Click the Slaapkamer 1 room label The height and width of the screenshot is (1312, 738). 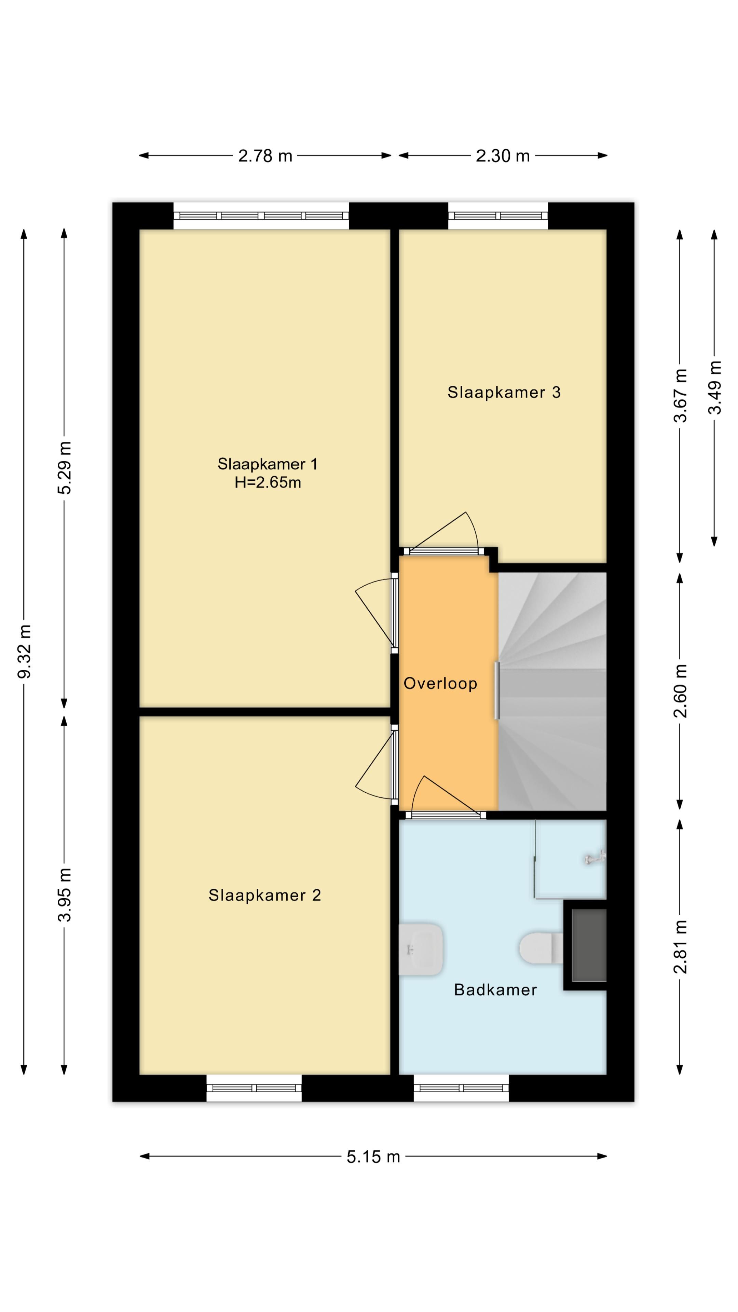pyautogui.click(x=268, y=464)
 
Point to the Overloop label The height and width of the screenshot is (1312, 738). pyautogui.click(x=440, y=683)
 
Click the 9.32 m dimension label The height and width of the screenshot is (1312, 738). pyautogui.click(x=24, y=651)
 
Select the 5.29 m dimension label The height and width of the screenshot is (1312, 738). pyautogui.click(x=65, y=467)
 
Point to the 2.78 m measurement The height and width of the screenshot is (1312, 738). pyautogui.click(x=265, y=156)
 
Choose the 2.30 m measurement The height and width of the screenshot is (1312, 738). pyautogui.click(x=503, y=156)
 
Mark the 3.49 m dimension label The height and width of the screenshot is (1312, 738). pyautogui.click(x=715, y=387)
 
